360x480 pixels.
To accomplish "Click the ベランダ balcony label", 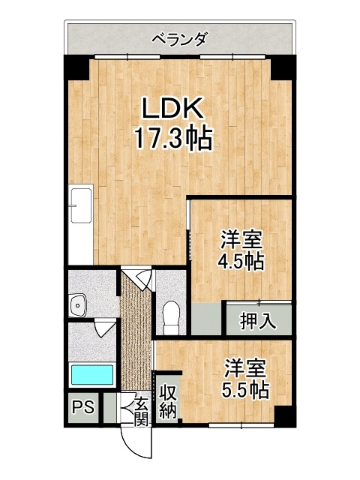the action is (x=180, y=40).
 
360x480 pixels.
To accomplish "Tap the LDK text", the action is (x=173, y=108).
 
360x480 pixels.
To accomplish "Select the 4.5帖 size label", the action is (x=240, y=262).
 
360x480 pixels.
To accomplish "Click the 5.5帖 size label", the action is (x=245, y=390).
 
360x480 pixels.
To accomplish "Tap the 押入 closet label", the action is (x=258, y=321).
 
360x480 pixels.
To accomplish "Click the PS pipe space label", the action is (x=83, y=407).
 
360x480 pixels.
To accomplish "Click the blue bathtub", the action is (x=92, y=375).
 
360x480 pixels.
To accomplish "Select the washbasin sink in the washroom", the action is (x=78, y=305).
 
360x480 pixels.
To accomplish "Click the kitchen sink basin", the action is (x=81, y=205).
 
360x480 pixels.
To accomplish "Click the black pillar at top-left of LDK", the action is (x=76, y=68).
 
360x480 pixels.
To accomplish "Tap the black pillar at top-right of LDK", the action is (x=283, y=68).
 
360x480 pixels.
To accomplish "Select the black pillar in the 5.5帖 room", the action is (x=285, y=416).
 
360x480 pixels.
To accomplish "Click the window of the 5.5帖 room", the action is (x=241, y=425).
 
